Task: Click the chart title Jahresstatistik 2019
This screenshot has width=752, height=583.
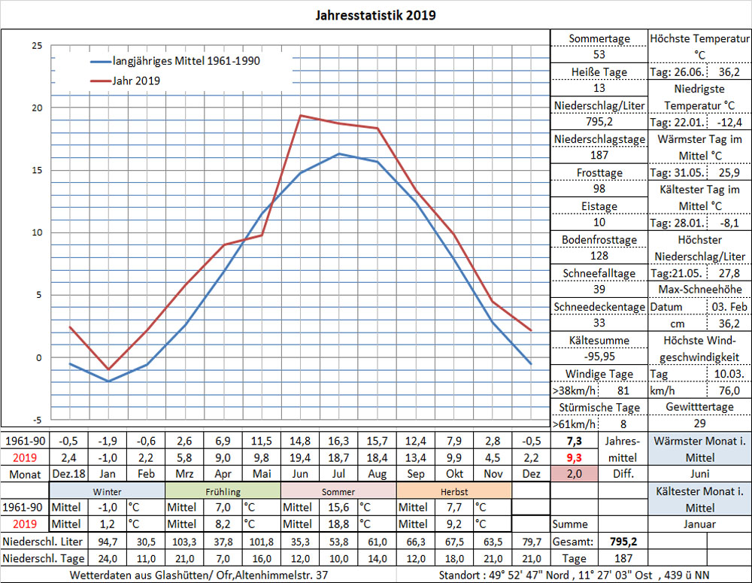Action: point(374,15)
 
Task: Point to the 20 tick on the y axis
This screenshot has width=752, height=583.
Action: point(36,108)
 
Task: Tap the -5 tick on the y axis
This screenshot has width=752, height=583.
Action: point(36,420)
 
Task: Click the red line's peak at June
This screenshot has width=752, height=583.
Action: point(301,115)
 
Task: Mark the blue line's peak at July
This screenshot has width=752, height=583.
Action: point(339,153)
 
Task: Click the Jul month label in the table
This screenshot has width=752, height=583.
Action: point(339,474)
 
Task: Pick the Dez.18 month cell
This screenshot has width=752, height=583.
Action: point(70,474)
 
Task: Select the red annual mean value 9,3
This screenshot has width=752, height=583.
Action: point(575,457)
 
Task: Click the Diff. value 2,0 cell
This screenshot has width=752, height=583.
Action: point(575,474)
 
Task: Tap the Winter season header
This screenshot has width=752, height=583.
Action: point(108,490)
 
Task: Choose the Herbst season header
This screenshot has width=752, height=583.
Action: point(453,490)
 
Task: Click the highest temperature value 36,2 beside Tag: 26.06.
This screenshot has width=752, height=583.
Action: point(729,72)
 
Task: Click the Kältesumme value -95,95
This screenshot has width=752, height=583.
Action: point(599,357)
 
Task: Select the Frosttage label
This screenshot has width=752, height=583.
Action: point(599,172)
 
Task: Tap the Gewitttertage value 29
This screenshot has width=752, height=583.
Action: point(699,424)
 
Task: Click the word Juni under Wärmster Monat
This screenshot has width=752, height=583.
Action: point(699,474)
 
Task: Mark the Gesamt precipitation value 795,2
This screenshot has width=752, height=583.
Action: point(623,542)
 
